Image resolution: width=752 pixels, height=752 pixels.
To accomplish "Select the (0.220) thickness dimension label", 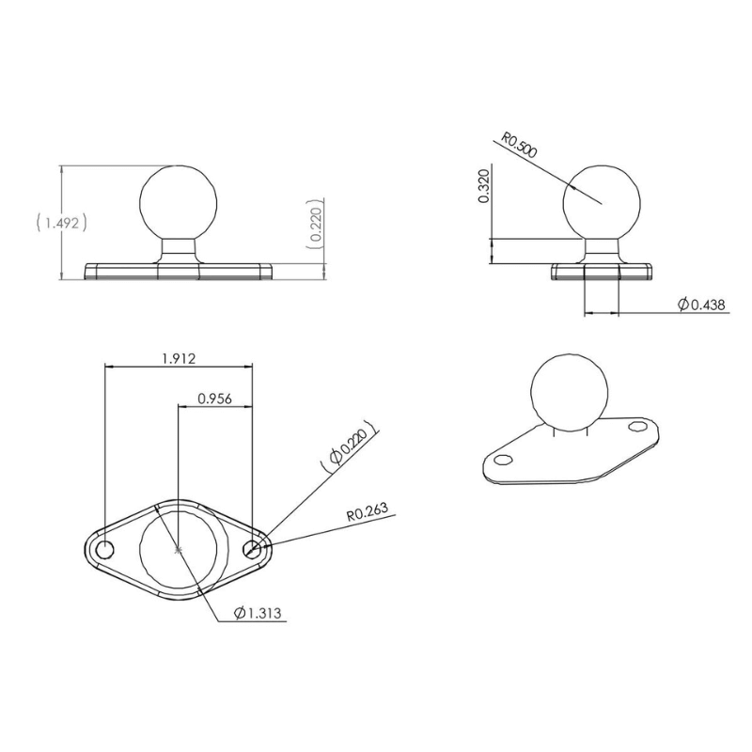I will point(318,225).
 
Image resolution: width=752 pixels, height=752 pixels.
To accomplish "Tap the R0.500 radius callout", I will point(519,145).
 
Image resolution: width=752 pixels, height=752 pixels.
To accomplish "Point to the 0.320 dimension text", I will point(484,187).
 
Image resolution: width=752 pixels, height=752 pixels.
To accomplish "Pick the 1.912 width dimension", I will point(178,357).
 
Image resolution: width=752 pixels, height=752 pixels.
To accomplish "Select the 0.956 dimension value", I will point(214,398).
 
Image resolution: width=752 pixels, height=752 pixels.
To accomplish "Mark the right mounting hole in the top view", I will point(252,549).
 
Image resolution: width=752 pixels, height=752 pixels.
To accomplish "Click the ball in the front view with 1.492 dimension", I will point(180,200).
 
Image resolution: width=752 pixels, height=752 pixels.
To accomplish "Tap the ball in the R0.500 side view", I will point(603,200).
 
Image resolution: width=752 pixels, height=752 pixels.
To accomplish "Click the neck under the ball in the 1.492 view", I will point(180,250).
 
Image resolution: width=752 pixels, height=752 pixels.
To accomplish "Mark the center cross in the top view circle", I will point(178,548).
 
